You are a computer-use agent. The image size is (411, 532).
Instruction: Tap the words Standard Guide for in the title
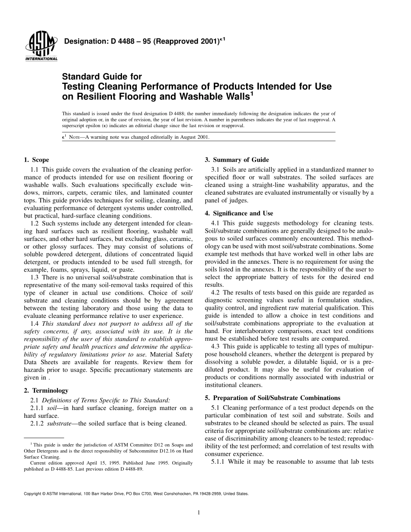pos(102,77)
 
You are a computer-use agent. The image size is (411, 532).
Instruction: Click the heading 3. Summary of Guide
pos(237,160)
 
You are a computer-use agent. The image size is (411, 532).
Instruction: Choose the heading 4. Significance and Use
pos(239,213)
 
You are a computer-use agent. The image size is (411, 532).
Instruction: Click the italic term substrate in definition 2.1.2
pos(59,423)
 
